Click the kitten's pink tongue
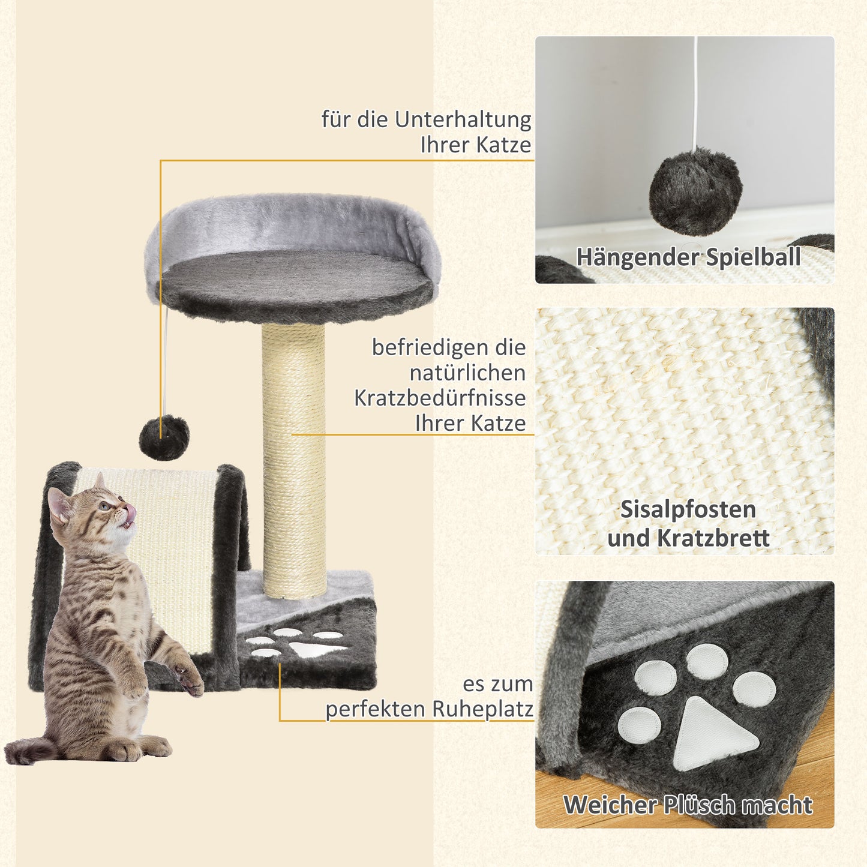point(130,513)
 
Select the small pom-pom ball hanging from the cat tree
point(164,437)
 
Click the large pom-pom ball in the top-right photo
point(695,191)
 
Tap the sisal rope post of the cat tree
point(294,462)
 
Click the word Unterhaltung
point(463,119)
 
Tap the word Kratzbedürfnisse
point(439,398)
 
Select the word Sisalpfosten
point(688,509)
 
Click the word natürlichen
point(467,373)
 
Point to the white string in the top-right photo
point(695,90)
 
